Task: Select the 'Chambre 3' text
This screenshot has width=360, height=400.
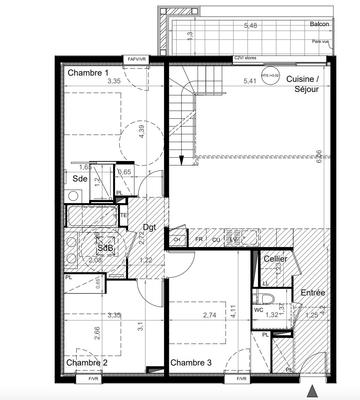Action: click(190, 362)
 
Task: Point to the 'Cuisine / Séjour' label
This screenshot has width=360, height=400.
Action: click(302, 83)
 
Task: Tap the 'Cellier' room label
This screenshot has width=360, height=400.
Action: click(275, 259)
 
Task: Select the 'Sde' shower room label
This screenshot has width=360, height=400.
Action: click(79, 179)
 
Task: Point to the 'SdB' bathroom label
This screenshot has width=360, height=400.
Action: click(105, 248)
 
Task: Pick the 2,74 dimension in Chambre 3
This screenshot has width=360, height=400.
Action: click(208, 315)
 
